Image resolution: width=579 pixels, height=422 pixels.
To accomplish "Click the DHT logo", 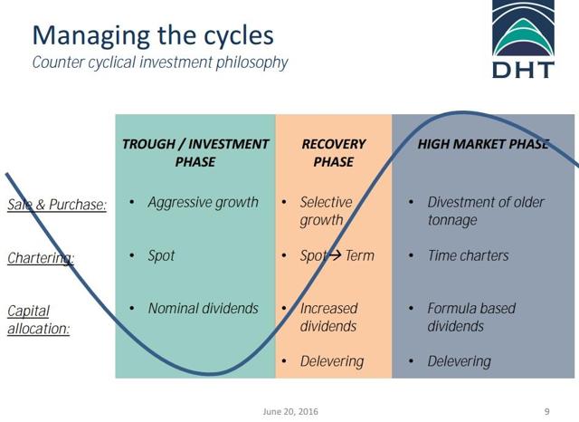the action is click(x=523, y=39).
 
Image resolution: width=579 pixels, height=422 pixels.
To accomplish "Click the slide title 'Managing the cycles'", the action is click(x=153, y=36).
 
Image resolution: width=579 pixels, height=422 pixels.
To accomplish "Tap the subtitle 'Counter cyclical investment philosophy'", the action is click(x=160, y=62).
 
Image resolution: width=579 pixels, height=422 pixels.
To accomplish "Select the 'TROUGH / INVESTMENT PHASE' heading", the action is click(x=195, y=153).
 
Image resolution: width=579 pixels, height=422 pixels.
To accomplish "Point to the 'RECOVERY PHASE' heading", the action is click(x=334, y=153).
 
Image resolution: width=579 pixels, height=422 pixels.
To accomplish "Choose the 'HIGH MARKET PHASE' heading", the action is click(x=483, y=144).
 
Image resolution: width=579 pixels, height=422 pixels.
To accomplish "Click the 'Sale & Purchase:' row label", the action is click(x=57, y=205).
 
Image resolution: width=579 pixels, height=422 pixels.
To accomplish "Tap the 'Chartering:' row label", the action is click(x=41, y=258).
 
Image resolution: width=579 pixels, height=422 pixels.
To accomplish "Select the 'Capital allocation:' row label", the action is click(x=38, y=320).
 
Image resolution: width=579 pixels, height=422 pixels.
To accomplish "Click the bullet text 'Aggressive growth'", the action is click(x=203, y=203).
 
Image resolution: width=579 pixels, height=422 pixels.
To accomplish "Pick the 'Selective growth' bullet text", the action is click(x=326, y=211).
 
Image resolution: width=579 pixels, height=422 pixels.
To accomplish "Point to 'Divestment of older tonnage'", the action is click(x=486, y=211).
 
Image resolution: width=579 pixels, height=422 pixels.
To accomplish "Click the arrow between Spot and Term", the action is click(x=336, y=254).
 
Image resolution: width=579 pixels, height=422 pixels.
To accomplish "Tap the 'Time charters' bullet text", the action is click(x=469, y=255).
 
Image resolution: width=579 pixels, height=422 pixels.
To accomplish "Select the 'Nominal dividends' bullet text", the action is click(x=203, y=308).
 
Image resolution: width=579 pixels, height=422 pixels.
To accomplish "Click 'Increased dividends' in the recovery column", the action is click(x=328, y=317).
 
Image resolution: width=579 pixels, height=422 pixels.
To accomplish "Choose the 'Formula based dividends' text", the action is click(x=471, y=317).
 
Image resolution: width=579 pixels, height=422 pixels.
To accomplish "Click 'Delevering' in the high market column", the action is click(x=460, y=361).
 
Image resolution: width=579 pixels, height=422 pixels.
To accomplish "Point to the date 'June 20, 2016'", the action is click(x=290, y=411).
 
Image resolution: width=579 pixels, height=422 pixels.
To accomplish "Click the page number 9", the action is click(x=546, y=411).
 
